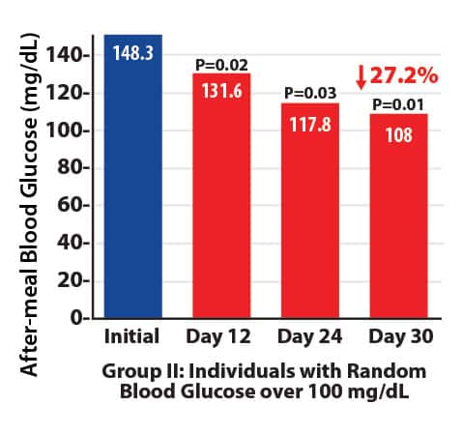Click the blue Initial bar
click(133, 193)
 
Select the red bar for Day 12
click(221, 213)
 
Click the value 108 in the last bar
click(398, 133)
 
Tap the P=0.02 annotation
click(221, 65)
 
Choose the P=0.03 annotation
click(309, 94)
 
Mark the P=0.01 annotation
click(398, 104)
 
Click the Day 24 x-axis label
click(309, 338)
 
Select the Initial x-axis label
click(132, 338)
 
